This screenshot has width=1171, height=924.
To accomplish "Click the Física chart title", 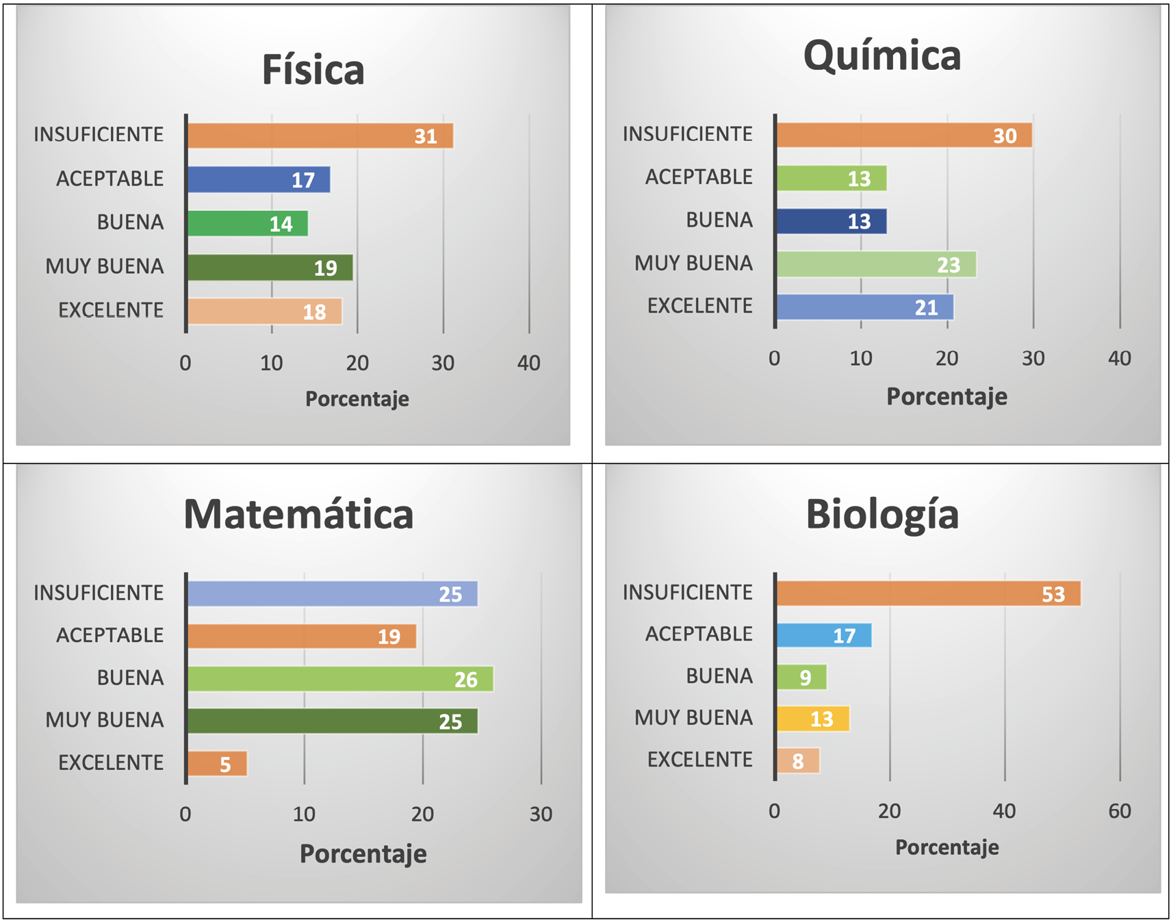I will [x=313, y=70].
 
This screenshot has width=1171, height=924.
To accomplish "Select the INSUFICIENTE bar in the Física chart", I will [x=320, y=136].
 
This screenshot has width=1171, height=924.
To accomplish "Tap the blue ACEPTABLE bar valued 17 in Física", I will [x=258, y=179].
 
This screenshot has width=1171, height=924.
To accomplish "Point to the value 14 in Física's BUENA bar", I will [x=281, y=224].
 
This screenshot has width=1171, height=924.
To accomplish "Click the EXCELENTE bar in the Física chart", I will [x=264, y=311].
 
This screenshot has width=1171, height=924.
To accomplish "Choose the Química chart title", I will [x=882, y=55].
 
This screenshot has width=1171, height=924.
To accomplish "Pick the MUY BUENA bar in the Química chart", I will [x=876, y=264].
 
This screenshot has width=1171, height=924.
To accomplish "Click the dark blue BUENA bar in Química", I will [x=831, y=221].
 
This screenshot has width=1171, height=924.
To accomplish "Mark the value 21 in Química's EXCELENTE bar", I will [x=926, y=308].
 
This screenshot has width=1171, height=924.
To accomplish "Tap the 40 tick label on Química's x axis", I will [x=1119, y=358].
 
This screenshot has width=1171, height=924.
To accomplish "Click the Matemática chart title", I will [x=298, y=514].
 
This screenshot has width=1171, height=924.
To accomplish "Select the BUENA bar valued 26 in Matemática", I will [x=340, y=679].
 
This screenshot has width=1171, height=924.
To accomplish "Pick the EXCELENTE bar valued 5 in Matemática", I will [x=217, y=764].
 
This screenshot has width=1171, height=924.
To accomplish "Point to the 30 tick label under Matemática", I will [x=541, y=814].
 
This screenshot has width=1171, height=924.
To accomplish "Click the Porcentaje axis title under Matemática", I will [x=363, y=854].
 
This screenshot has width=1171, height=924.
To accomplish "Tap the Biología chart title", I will [x=882, y=514].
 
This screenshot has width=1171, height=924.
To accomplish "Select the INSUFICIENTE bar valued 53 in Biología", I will [x=928, y=593].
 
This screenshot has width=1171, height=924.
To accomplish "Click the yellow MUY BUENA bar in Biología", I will [x=812, y=719].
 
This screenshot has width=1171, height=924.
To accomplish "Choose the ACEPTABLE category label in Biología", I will [x=698, y=634].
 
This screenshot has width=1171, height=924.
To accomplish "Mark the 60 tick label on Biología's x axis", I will [x=1119, y=811].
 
